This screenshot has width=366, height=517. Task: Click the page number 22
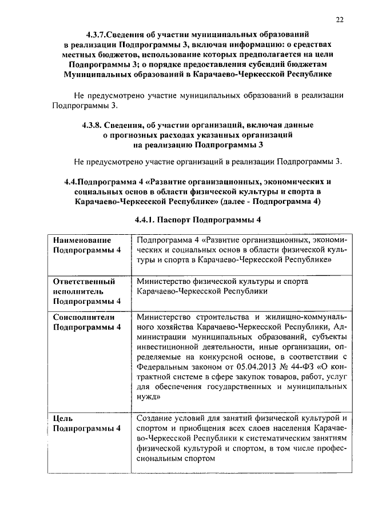pos(340,20)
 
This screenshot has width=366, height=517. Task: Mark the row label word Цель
pos(62,418)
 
